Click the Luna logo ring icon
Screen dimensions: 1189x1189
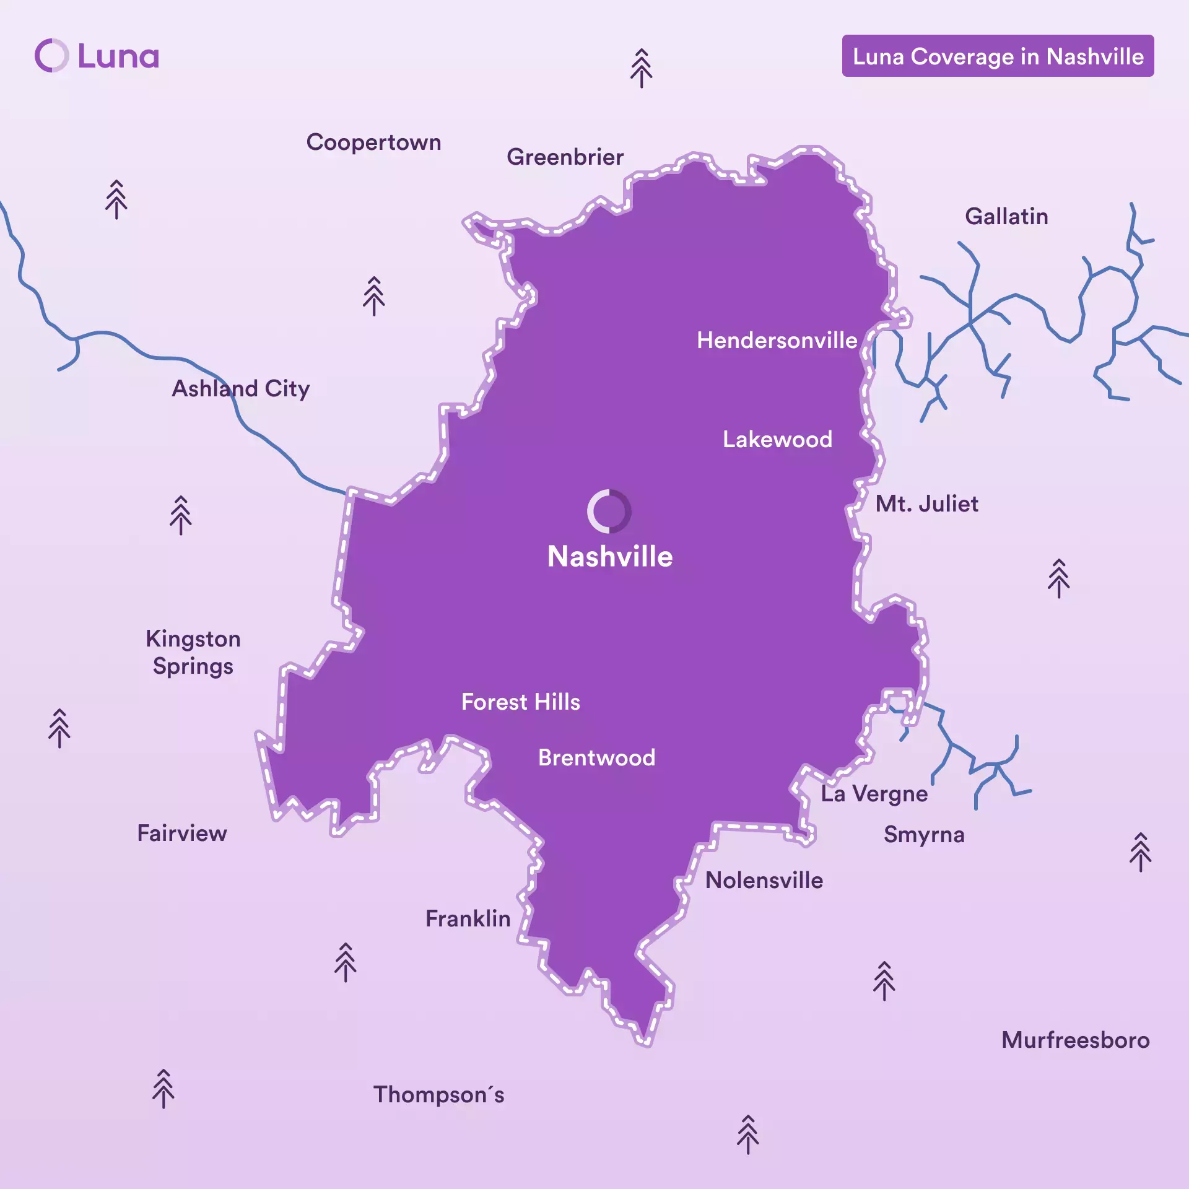[52, 56]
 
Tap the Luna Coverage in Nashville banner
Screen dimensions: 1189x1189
[997, 56]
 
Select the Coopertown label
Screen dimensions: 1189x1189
[373, 142]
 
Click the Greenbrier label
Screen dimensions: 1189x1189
[565, 157]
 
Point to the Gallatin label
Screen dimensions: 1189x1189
[1006, 217]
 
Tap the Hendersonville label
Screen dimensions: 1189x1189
[777, 340]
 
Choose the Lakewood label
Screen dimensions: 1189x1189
[777, 439]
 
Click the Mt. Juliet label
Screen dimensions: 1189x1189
[926, 503]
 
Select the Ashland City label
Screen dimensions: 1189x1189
[240, 389]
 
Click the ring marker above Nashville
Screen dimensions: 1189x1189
[609, 512]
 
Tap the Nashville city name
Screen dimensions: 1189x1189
[610, 556]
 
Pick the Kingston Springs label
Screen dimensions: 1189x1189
[193, 652]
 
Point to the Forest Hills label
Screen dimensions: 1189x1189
[521, 702]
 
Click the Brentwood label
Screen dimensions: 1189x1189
[596, 757]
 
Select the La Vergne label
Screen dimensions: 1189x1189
[874, 793]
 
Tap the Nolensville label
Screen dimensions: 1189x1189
[764, 880]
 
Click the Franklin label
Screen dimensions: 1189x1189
[468, 918]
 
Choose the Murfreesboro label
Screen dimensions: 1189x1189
[1075, 1040]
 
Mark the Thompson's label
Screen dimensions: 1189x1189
[438, 1094]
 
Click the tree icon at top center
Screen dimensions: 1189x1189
[641, 68]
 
